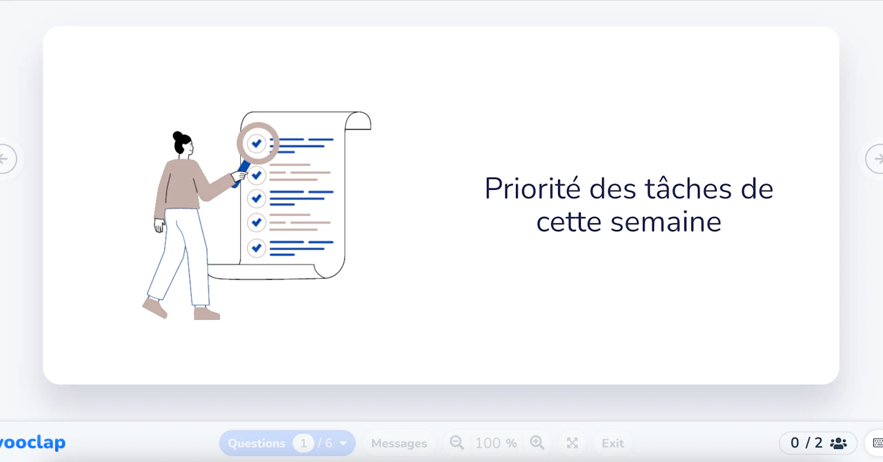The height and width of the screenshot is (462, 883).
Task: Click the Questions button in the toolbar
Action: point(257,443)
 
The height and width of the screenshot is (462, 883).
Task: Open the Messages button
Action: point(399,443)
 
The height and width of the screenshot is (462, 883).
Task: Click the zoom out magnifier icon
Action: point(457,443)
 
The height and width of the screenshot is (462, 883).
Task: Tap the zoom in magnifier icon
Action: point(537,443)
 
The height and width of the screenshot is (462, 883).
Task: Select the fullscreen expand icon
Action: point(571,443)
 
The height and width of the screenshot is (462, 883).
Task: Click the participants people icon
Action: point(838,443)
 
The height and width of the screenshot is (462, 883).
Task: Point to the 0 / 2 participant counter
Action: point(806,443)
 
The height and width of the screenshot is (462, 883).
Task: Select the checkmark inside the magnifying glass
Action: point(257,144)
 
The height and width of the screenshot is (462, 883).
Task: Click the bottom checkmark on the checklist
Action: point(257,247)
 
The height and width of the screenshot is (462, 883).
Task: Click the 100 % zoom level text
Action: point(496,443)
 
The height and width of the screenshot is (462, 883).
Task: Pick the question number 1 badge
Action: point(303,443)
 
